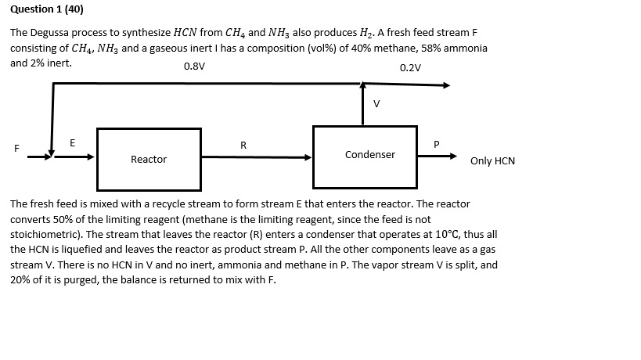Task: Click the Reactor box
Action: [x=149, y=159]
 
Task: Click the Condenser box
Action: [x=369, y=154]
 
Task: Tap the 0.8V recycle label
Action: [x=194, y=67]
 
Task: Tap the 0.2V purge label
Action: [x=410, y=67]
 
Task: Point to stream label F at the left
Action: [x=14, y=148]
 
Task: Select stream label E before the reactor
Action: [x=73, y=142]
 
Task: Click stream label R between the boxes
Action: [x=243, y=145]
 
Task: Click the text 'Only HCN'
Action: [x=492, y=161]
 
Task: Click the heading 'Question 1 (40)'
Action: [x=47, y=10]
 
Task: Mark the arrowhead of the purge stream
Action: [x=447, y=85]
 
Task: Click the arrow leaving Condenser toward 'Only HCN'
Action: [x=438, y=156]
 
